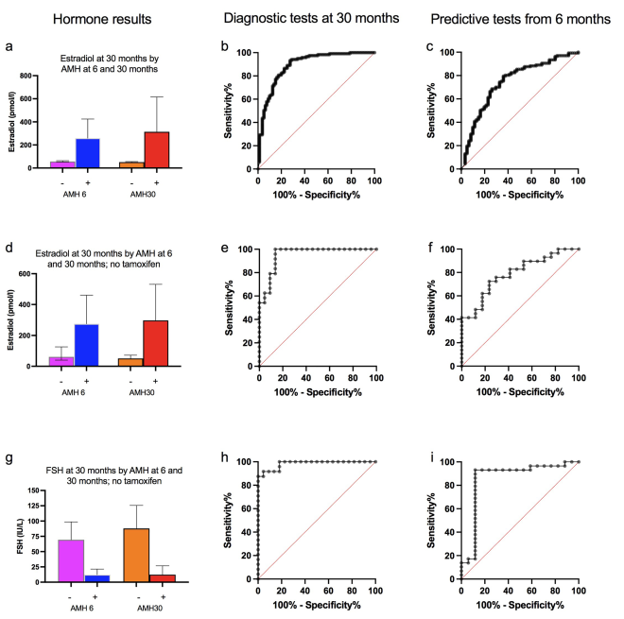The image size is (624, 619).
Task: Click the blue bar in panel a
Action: [87, 153]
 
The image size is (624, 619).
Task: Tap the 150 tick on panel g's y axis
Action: [37, 491]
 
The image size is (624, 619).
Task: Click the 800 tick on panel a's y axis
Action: [38, 75]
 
